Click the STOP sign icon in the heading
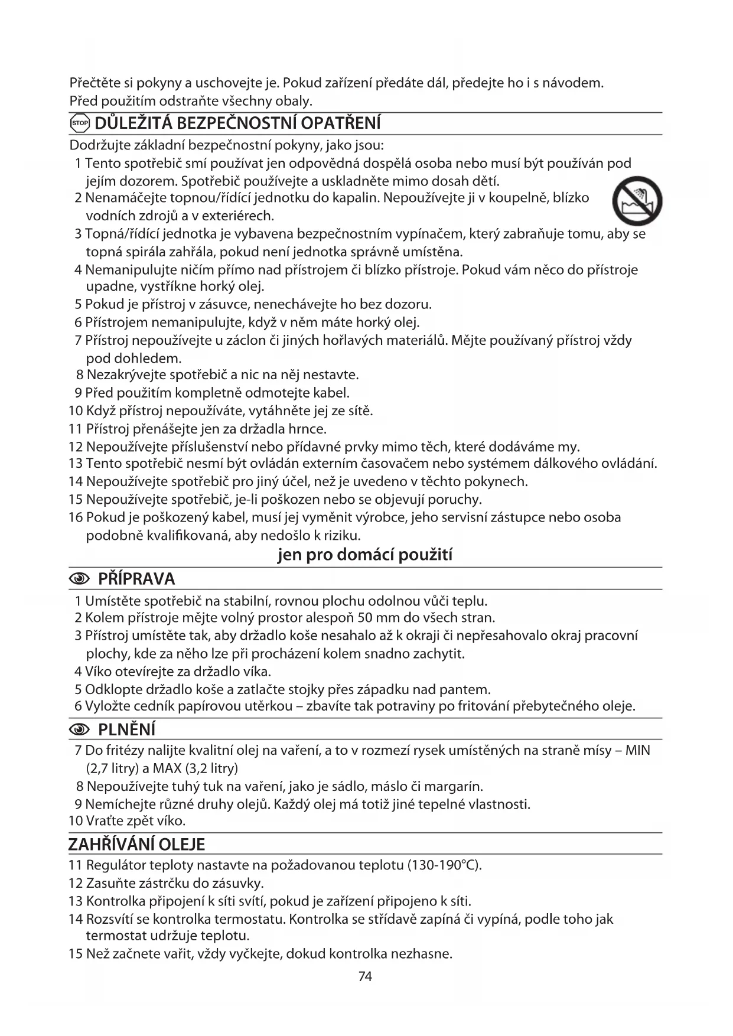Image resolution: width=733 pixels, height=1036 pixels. coord(79,123)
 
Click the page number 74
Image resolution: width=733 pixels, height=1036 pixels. coord(365,976)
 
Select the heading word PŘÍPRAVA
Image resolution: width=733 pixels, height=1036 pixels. coord(136,578)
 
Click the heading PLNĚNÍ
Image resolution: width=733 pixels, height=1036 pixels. coord(126,729)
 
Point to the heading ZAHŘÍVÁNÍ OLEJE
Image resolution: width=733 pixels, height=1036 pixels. coord(136,844)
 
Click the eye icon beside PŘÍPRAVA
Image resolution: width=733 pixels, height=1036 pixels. coord(80,579)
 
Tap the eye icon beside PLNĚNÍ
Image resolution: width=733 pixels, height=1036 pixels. coord(80,730)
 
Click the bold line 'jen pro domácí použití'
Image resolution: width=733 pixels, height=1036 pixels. coord(365,555)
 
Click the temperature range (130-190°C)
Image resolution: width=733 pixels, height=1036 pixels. coord(445,865)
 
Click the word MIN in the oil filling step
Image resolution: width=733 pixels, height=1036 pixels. coord(637,751)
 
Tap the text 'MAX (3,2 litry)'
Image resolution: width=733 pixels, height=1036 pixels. coord(196,768)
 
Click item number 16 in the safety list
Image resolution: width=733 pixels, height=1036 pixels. coord(76,517)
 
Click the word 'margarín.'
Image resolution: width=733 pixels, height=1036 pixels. coord(454,786)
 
